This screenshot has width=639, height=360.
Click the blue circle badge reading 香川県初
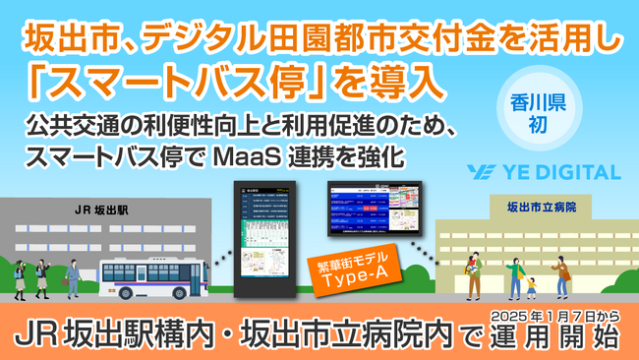(x=530, y=112)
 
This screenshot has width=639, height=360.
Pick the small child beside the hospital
(x=532, y=287)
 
